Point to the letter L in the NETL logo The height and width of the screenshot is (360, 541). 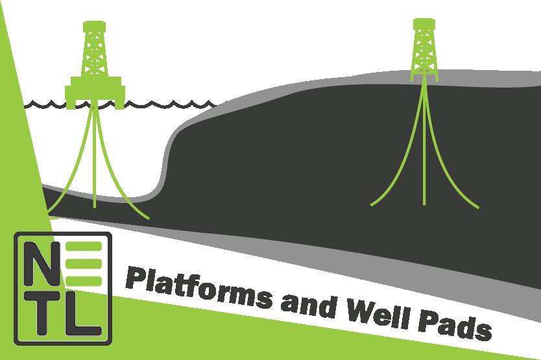tap(84, 314)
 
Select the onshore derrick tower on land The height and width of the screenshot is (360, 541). tap(425, 49)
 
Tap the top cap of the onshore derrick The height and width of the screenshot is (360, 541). tap(424, 22)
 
